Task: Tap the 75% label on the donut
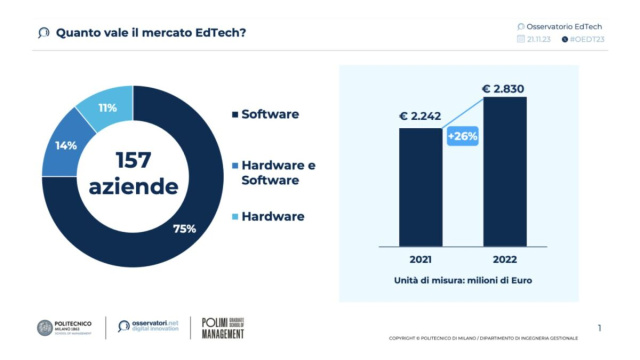pyautogui.click(x=184, y=229)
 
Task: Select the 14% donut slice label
pyautogui.click(x=66, y=146)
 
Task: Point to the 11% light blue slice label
pyautogui.click(x=107, y=108)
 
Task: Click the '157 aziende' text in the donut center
pyautogui.click(x=133, y=172)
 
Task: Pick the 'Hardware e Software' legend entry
pyautogui.click(x=278, y=172)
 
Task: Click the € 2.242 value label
pyautogui.click(x=420, y=114)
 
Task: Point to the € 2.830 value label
pyautogui.click(x=503, y=89)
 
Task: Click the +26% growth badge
pyautogui.click(x=461, y=136)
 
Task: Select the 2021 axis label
pyautogui.click(x=420, y=256)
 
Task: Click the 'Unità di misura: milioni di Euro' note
pyautogui.click(x=461, y=281)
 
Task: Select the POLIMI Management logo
pyautogui.click(x=222, y=327)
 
